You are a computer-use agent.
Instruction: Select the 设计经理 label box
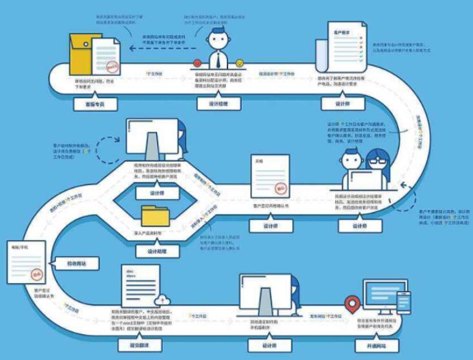[218, 103]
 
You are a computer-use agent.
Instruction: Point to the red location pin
[352, 302]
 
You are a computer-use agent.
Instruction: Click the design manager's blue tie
[218, 59]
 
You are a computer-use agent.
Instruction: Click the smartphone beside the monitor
[403, 303]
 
